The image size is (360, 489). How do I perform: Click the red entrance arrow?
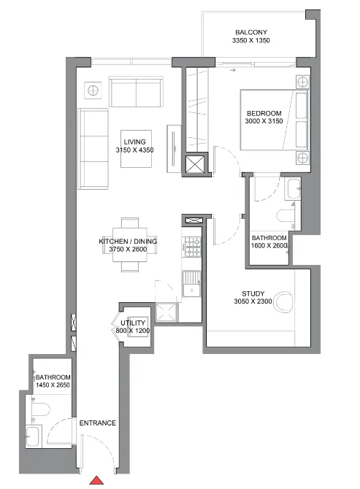click(x=96, y=482)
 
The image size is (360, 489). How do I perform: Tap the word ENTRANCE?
click(x=98, y=423)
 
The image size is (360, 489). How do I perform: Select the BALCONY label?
click(x=250, y=32)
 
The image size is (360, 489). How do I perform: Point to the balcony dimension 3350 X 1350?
click(x=250, y=42)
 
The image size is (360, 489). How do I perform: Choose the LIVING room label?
click(x=134, y=141)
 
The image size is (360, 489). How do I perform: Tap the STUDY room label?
click(x=253, y=294)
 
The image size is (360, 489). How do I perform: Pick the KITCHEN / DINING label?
click(x=128, y=241)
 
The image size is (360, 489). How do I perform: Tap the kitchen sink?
click(x=192, y=282)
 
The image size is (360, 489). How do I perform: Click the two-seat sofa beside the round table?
click(x=137, y=91)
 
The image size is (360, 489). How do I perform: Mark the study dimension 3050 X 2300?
click(x=253, y=303)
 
